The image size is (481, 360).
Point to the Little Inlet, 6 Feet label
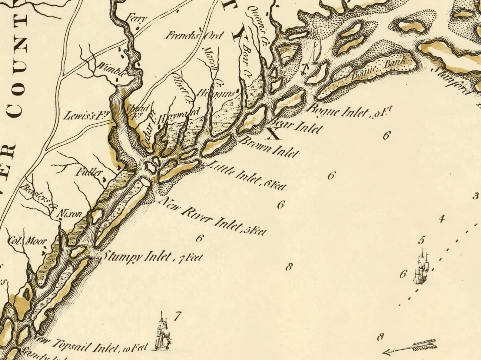coord(247,176)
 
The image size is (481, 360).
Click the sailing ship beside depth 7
coord(163,332)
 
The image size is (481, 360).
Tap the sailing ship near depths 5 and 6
coord(422,267)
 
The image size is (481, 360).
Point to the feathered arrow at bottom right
coord(410,347)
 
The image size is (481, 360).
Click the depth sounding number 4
coord(442,218)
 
